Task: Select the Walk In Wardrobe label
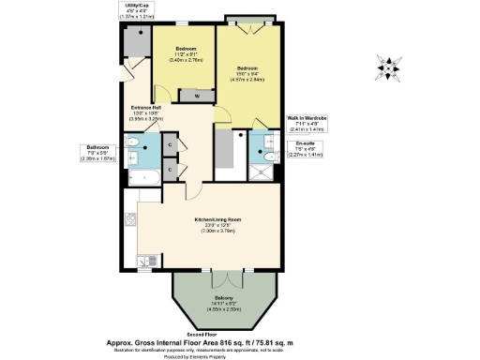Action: click(x=305, y=119)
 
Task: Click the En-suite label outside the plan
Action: click(x=303, y=142)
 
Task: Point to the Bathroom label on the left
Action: click(x=98, y=147)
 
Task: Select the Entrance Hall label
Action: click(x=146, y=108)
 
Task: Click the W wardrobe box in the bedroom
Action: click(x=196, y=96)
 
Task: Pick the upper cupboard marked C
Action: click(x=169, y=144)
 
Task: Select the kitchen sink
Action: click(x=131, y=221)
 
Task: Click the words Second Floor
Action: click(x=215, y=335)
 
